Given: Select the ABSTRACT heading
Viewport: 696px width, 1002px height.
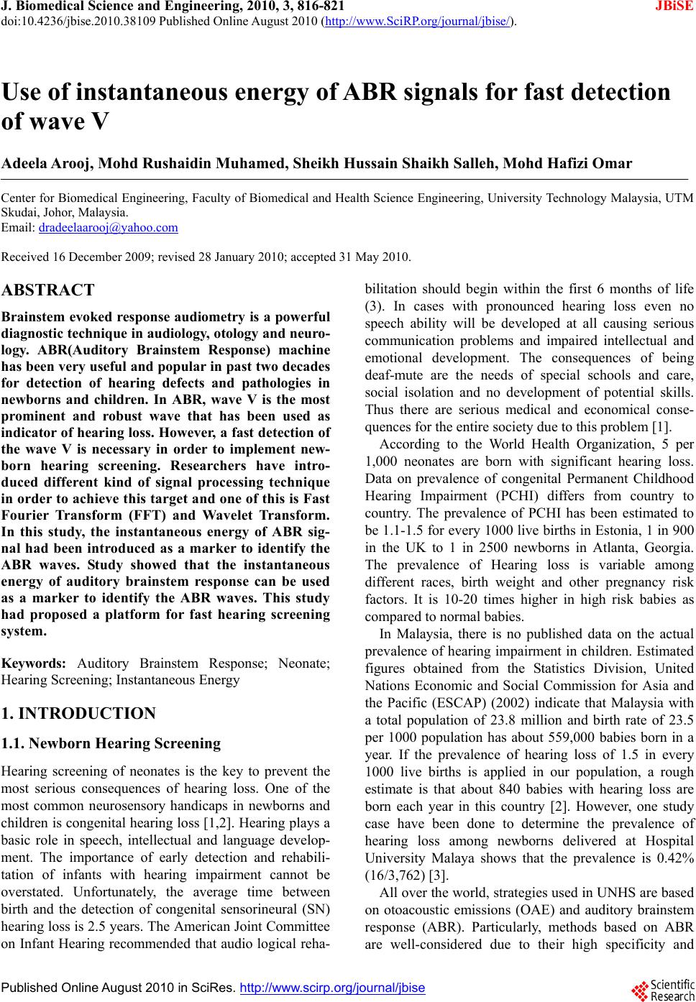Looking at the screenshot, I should [x=48, y=290].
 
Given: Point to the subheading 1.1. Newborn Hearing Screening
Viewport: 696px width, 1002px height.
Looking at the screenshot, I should [x=111, y=743].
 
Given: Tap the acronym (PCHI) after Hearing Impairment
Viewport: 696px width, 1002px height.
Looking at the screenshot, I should [x=508, y=496].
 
